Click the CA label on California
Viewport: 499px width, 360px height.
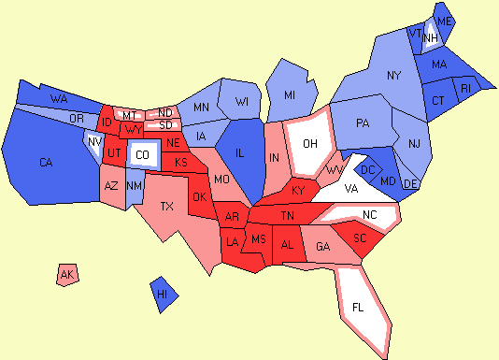46,163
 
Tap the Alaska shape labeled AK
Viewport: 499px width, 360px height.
66,275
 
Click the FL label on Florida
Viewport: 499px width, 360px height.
359,307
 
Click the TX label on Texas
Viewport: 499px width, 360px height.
167,206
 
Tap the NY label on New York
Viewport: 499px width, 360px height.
393,75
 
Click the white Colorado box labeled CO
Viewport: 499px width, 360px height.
141,154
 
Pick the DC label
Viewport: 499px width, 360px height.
367,169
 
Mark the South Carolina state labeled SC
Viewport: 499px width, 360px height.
359,238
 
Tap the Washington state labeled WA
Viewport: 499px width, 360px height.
58,98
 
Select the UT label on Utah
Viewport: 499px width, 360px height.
112,152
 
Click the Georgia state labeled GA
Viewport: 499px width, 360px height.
322,247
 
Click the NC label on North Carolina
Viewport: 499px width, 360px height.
370,215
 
